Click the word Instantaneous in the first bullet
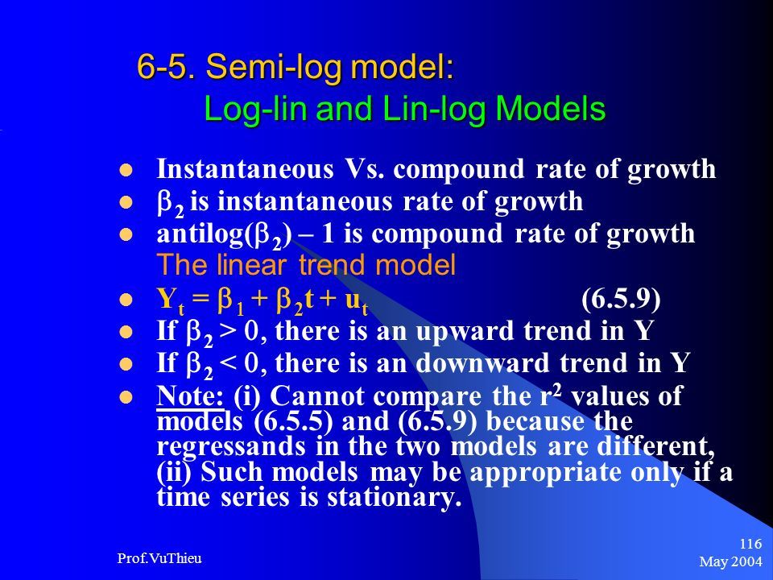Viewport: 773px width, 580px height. [245, 168]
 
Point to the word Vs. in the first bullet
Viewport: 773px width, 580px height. [364, 168]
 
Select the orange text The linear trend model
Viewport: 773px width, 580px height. [306, 265]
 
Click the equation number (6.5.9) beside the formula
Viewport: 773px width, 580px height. [621, 299]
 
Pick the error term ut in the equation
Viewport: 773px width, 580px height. [357, 302]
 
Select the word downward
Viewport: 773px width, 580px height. [482, 363]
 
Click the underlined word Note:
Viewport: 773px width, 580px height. [190, 396]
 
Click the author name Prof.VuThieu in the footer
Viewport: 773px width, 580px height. [159, 558]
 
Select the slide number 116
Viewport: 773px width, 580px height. [750, 544]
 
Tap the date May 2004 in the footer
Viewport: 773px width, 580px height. [730, 561]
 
